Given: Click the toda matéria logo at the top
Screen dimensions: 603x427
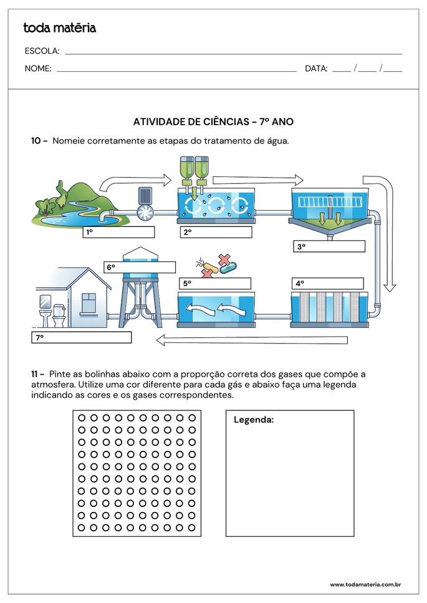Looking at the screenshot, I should pos(59,28).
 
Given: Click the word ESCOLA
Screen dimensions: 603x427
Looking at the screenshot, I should pos(42,51).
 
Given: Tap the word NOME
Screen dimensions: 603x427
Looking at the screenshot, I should pos(38,69).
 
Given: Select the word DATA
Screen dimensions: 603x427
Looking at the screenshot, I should pos(316,69).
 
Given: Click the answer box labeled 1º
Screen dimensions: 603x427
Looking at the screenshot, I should pos(118,233).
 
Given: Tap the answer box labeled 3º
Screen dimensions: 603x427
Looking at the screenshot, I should pos(329,246).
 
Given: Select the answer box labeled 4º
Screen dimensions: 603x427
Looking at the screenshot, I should pos(329,283).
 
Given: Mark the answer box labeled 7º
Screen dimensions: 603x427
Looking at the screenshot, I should pos(82,337).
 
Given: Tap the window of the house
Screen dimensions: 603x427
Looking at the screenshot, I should pos(89,302).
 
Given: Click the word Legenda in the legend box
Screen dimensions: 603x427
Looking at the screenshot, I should pos(254,420).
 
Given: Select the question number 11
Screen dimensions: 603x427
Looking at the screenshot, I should pos(37,374).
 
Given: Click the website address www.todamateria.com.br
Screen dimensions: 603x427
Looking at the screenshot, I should pos(365,585).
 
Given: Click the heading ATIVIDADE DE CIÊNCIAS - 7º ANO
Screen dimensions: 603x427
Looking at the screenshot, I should pos(213,122).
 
